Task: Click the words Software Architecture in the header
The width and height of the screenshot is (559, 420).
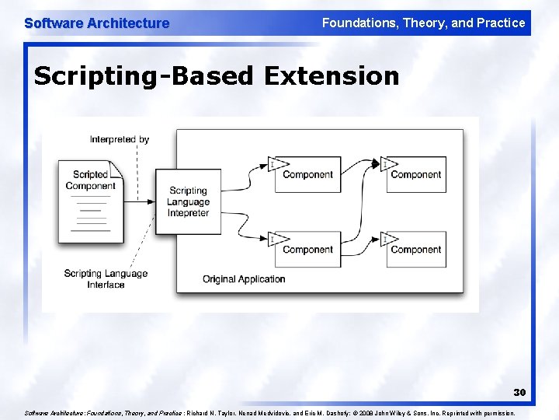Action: pos(96,23)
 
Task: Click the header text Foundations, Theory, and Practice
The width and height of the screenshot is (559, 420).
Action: pos(423,23)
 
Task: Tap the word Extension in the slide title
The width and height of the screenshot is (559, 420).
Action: pos(332,76)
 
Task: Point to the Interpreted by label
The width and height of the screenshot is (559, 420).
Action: pos(119,140)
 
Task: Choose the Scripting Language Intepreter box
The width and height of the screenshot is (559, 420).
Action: pos(188,201)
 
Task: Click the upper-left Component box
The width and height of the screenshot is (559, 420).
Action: pos(307,175)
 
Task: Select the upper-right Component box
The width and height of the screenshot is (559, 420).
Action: pos(415,175)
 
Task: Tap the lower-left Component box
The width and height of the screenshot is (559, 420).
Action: pos(307,250)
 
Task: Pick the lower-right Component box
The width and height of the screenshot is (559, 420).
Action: pos(415,250)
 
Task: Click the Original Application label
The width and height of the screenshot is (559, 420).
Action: pos(244,279)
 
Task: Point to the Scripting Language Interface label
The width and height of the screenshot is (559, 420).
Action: pos(106,279)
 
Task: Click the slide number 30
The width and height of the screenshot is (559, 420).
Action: pos(519,393)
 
